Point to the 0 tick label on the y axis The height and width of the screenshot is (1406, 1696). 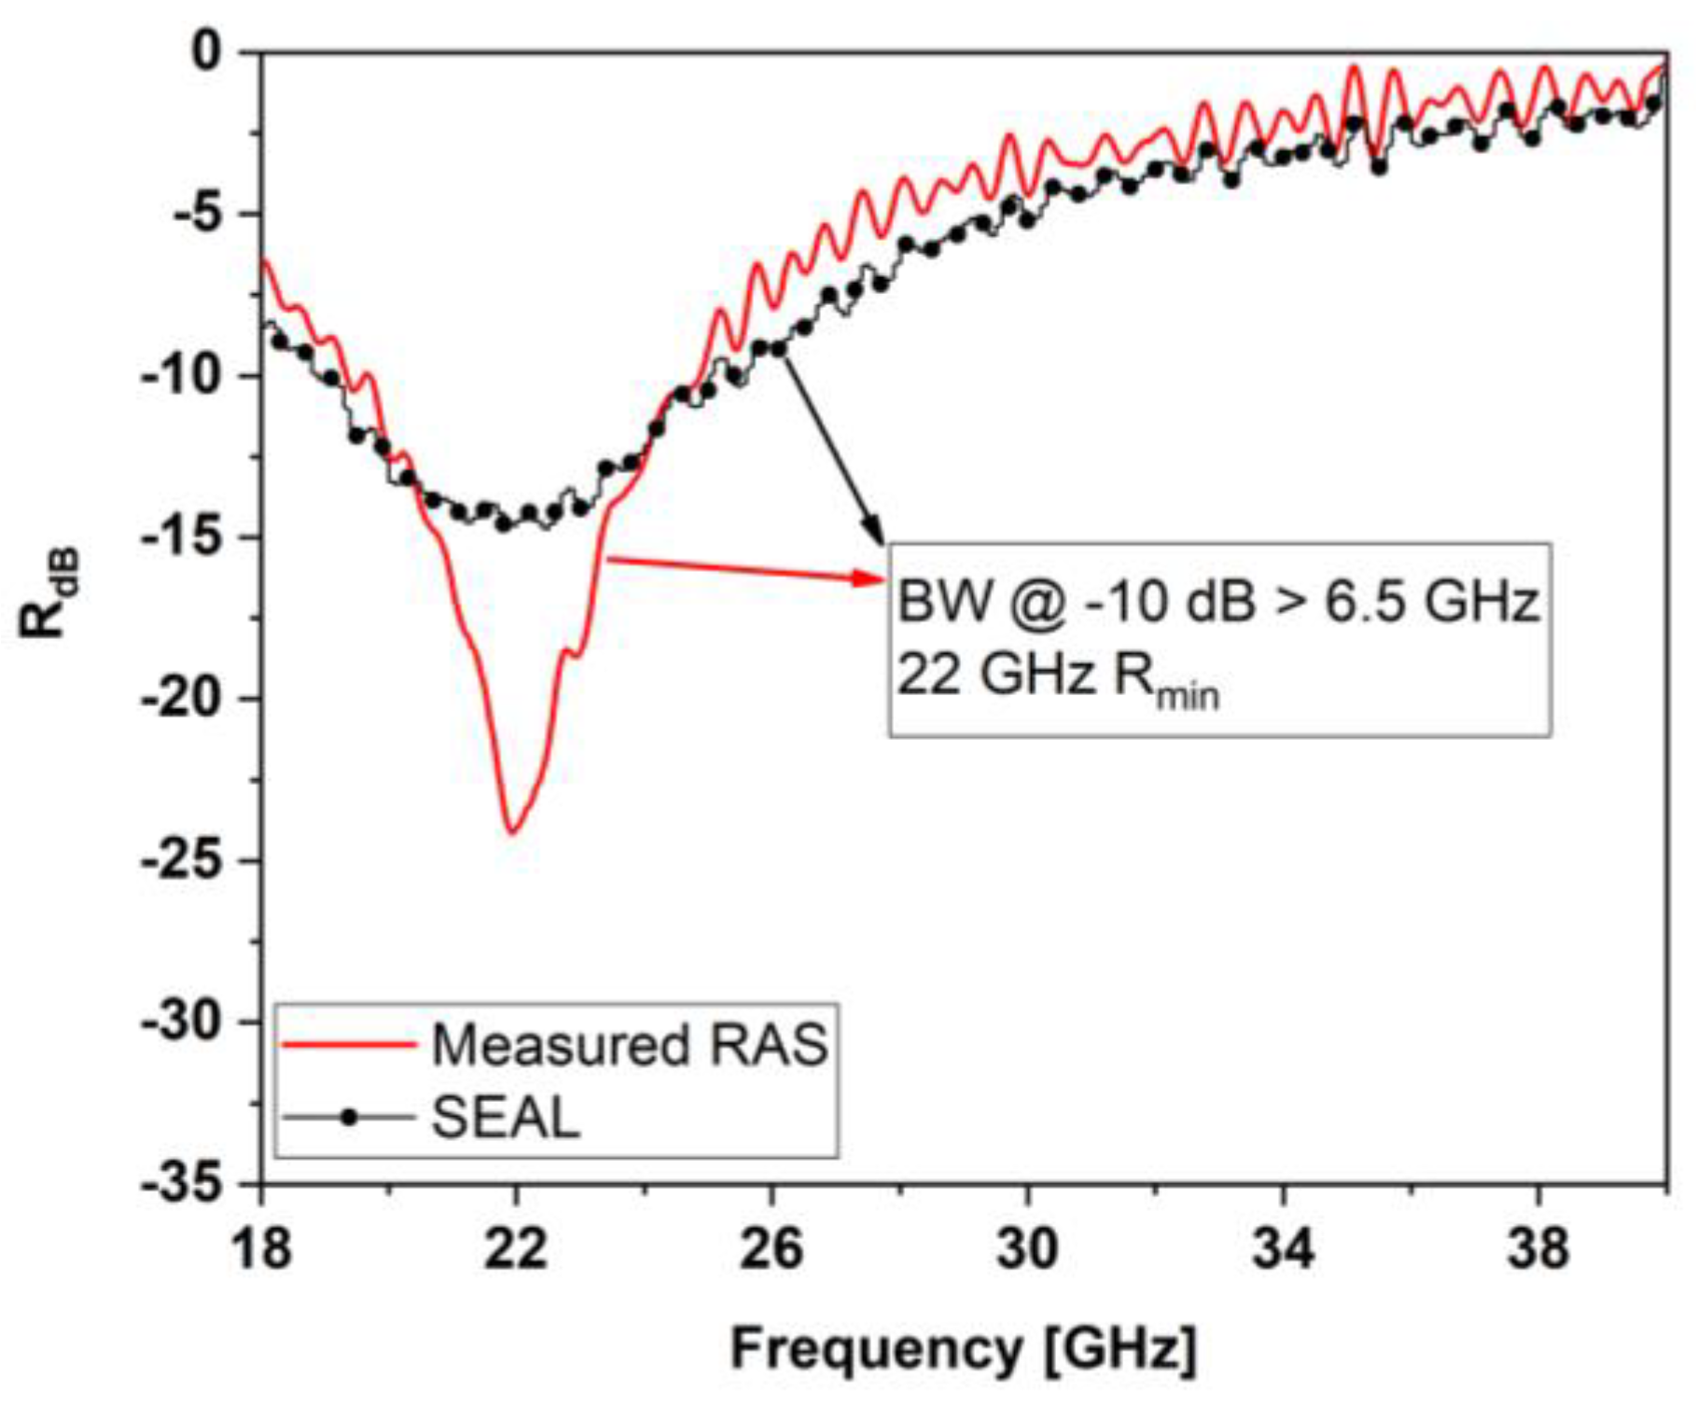coord(207,52)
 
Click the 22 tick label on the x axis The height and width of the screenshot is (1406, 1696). coord(515,1247)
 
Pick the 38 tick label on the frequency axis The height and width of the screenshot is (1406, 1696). coord(1537,1247)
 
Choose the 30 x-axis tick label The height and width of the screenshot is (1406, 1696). coord(1027,1247)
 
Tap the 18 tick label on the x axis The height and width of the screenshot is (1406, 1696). coord(261,1247)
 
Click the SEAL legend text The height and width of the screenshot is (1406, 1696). coord(506,1117)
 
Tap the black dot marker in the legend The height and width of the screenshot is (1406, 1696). coord(349,1117)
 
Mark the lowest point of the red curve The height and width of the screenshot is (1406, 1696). coord(512,831)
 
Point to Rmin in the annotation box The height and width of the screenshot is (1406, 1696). coord(1166,676)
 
